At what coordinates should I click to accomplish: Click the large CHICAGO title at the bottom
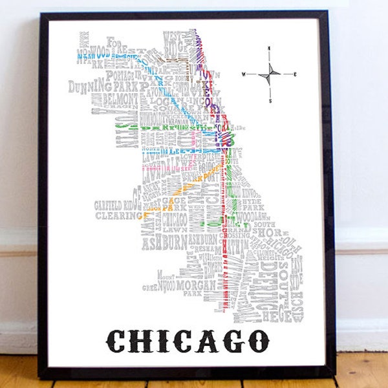[x=188, y=339]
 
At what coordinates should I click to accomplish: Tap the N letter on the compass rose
[x=269, y=48]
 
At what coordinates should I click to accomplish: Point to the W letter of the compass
[x=244, y=74]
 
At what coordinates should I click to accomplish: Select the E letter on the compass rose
[x=295, y=74]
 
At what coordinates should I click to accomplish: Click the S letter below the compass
[x=270, y=101]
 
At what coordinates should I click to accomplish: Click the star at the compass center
[x=270, y=74]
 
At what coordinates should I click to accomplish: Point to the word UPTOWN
[x=208, y=65]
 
